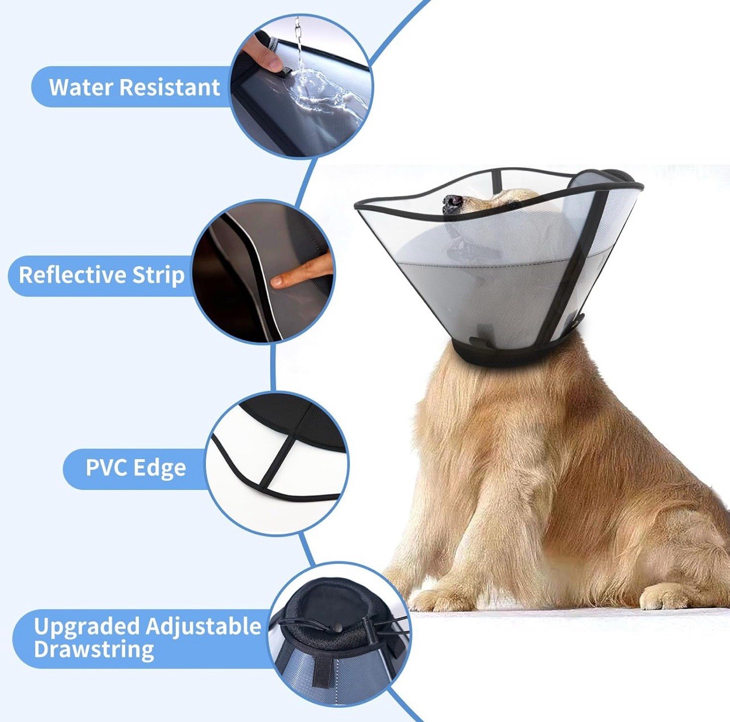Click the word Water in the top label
point(81,87)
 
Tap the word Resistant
point(170,87)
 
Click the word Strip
point(158,276)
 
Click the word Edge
point(159,468)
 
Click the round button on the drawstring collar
point(337,628)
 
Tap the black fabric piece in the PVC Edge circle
point(295,421)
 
